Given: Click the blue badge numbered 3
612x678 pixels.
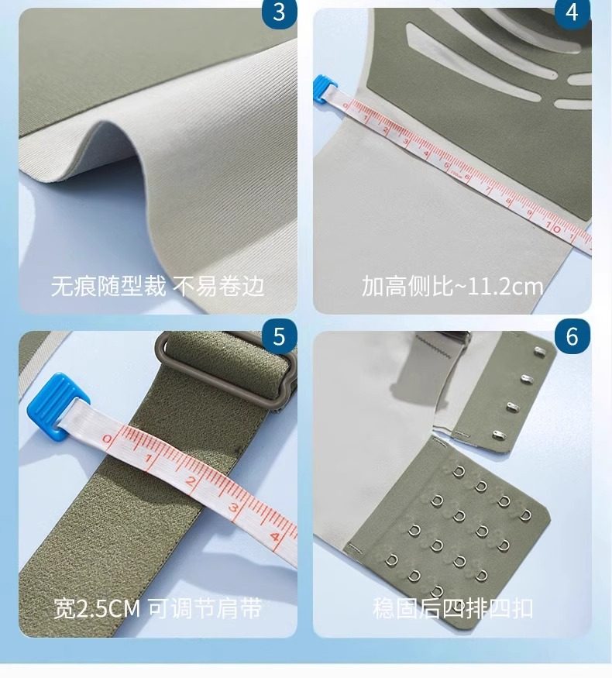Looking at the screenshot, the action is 279,13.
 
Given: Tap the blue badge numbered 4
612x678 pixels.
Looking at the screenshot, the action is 572,13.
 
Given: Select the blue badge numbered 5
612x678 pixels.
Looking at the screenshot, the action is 279,336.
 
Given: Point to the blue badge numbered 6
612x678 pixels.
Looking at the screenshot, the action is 572,336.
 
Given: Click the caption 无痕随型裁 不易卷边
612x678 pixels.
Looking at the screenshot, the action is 157,286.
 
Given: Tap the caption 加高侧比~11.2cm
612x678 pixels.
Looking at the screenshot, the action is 452,286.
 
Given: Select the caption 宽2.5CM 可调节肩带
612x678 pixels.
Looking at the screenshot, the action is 157,609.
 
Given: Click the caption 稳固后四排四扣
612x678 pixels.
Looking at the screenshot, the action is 452,609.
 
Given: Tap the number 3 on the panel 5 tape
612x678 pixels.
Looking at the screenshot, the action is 234,508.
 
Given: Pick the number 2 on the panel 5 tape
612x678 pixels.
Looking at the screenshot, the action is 191,481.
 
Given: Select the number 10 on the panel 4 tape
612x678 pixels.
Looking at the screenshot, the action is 552,227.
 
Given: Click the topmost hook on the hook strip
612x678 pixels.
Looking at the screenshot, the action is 541,351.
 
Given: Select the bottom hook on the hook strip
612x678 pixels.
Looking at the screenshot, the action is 499,434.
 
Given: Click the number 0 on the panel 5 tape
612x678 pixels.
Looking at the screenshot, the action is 108,440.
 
